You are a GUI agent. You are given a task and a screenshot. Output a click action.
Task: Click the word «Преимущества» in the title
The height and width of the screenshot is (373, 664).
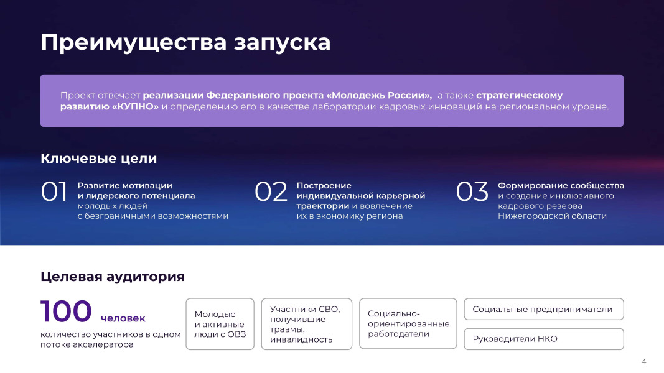coord(133,44)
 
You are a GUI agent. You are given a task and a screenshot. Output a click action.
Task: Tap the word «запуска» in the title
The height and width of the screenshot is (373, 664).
coord(282,44)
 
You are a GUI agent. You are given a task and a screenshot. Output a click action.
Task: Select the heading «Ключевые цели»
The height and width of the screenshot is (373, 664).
coord(99,159)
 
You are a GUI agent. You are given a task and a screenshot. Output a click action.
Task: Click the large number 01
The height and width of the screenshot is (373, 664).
coord(54,191)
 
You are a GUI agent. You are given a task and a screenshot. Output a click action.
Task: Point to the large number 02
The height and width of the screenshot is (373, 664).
coord(271,191)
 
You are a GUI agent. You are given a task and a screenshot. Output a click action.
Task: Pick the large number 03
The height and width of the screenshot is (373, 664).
coord(472,191)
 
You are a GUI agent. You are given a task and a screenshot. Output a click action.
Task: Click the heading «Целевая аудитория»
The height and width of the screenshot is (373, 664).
coord(113,277)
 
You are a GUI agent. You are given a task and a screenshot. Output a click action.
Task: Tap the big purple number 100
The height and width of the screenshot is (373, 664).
coord(66,311)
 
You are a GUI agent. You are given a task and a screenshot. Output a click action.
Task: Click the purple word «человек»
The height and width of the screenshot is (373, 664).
coord(123,318)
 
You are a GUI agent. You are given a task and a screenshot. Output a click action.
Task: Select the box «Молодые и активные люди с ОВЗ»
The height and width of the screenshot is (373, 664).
coord(220,324)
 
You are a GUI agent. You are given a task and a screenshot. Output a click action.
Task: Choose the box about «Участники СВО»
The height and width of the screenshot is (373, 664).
coord(307,324)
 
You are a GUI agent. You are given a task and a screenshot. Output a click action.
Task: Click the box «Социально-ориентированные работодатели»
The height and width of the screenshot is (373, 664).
coord(408,323)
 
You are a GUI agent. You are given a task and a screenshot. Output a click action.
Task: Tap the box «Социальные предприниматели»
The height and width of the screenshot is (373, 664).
coord(544,309)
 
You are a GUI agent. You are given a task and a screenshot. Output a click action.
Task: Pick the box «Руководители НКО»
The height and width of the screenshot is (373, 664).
coord(544,339)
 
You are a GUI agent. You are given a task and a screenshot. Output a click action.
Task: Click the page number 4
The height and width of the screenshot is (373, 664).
coord(643,362)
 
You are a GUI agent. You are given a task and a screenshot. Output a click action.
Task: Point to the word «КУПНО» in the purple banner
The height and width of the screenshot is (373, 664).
coord(135,106)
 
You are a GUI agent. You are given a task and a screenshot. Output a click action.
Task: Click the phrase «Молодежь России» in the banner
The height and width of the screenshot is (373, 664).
coord(380,96)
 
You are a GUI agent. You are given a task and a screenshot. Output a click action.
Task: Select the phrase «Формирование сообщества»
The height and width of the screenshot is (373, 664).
coord(561,186)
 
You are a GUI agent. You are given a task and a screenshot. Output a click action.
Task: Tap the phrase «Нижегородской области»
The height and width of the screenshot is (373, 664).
coord(552,216)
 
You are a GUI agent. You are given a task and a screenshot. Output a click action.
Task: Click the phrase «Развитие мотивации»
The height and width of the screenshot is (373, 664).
coord(125,186)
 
